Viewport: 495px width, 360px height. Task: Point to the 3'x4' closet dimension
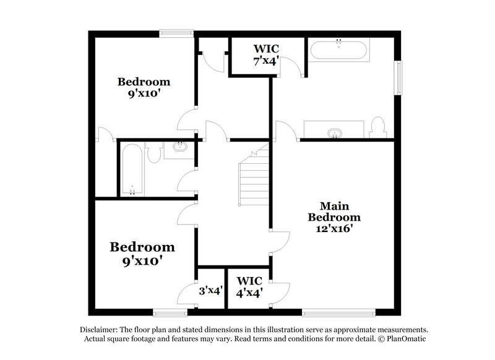click(210, 289)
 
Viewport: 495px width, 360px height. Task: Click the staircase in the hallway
click(253, 179)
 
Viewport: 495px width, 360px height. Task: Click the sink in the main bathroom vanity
click(335, 132)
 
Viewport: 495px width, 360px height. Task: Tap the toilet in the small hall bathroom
click(155, 152)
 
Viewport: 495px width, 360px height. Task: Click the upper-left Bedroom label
click(144, 88)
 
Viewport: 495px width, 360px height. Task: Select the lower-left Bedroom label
click(142, 254)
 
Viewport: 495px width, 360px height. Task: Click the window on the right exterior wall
click(399, 77)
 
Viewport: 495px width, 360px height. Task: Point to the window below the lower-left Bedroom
click(170, 312)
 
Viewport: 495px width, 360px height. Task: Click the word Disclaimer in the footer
click(98, 330)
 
